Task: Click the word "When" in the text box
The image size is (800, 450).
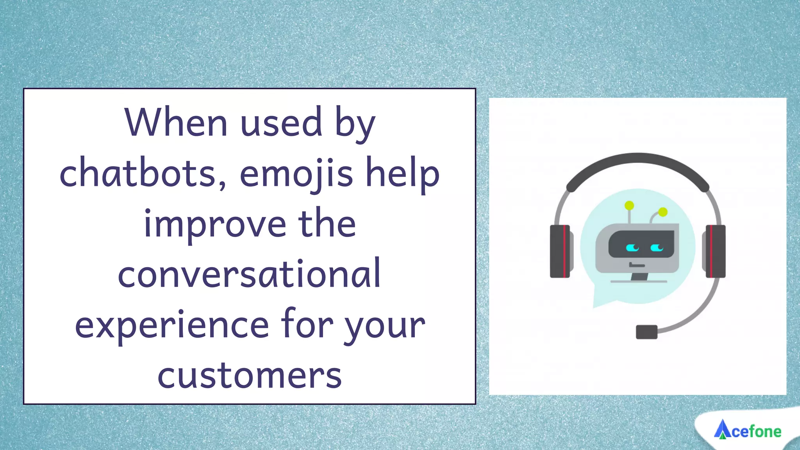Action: (175, 123)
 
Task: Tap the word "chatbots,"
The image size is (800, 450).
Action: (143, 174)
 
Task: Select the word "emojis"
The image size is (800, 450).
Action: (296, 174)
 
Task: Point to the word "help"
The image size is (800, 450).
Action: (402, 174)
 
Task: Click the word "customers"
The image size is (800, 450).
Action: (249, 375)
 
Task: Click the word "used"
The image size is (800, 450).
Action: (281, 123)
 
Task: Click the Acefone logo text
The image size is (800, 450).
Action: (756, 432)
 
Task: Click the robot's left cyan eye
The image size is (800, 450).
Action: (632, 248)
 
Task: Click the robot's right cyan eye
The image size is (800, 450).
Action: (657, 248)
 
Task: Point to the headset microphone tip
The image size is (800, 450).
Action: (646, 332)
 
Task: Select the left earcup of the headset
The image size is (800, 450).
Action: (560, 251)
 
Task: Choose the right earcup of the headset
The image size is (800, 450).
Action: (715, 251)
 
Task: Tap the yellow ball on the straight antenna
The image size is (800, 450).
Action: (629, 205)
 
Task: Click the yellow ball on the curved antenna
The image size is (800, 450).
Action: (663, 212)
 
